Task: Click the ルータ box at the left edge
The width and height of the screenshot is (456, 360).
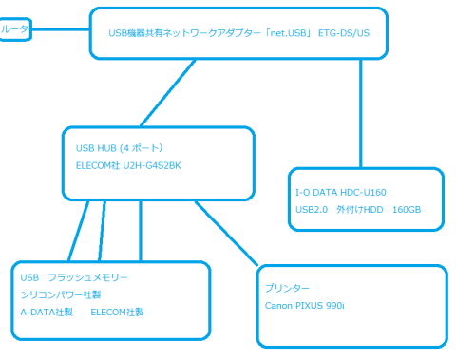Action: pyautogui.click(x=14, y=30)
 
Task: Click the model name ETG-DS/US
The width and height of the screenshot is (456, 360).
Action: pyautogui.click(x=344, y=31)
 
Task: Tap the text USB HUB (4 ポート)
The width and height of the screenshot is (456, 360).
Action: pyautogui.click(x=120, y=148)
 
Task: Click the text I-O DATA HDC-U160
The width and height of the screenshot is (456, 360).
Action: pyautogui.click(x=340, y=191)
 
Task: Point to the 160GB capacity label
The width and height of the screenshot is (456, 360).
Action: pyautogui.click(x=406, y=210)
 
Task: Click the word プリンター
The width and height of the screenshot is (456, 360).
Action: pyautogui.click(x=288, y=287)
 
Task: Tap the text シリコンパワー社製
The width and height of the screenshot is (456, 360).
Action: pyautogui.click(x=59, y=295)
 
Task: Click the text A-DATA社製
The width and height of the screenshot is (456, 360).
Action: pyautogui.click(x=46, y=313)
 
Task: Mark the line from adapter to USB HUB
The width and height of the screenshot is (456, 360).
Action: pyautogui.click(x=167, y=95)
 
